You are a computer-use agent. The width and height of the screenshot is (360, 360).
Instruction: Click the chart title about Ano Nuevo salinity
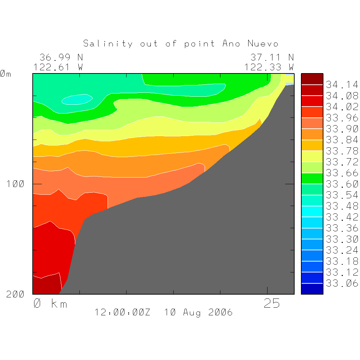point(181,44)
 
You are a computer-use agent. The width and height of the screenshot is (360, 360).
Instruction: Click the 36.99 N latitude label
point(61,57)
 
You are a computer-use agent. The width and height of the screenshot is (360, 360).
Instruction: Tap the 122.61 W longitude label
point(58,67)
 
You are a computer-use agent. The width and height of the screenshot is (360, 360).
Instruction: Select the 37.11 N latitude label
point(272,57)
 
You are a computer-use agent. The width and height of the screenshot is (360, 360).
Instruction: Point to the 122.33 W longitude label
point(269,67)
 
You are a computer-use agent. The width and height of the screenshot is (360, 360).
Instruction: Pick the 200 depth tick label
point(15,295)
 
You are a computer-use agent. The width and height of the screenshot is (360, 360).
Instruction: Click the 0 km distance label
point(50,303)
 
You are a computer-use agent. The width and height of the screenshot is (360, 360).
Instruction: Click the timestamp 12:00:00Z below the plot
point(122,312)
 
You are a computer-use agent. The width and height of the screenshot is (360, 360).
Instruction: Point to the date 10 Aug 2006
point(198,312)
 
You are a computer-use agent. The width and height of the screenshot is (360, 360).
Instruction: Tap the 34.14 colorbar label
point(342,85)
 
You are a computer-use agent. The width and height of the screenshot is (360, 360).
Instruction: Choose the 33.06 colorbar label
point(342,283)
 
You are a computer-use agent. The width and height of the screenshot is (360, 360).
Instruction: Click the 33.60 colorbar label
point(342,184)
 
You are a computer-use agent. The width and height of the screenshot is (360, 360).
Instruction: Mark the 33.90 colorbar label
point(342,129)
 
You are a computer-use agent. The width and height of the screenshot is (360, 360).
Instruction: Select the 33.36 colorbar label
point(342,228)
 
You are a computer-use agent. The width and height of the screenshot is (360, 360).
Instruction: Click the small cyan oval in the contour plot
point(77,100)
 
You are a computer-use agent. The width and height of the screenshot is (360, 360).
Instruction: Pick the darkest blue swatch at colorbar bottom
point(312,289)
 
